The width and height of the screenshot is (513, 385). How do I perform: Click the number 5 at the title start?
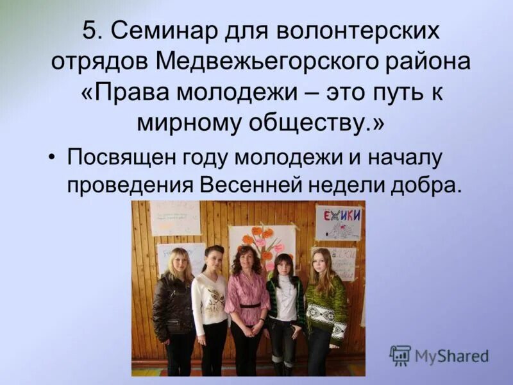91,32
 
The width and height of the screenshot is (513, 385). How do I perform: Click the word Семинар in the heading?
162,32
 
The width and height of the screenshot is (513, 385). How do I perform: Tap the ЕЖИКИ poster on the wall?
339,222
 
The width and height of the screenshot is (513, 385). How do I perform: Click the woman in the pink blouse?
246,302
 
